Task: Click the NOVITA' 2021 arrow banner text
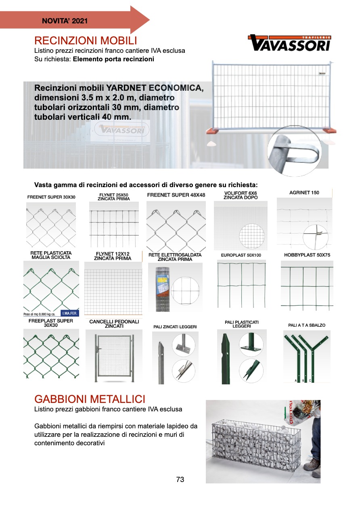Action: [65, 21]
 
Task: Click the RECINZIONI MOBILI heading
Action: [86, 41]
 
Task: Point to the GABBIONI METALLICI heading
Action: [90, 399]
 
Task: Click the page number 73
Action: [180, 480]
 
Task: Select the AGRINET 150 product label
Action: [304, 193]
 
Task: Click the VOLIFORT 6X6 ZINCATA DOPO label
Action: [241, 196]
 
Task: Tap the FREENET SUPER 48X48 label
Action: [176, 195]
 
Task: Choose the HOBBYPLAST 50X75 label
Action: [307, 255]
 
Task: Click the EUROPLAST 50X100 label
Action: [241, 255]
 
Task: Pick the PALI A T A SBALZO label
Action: [307, 325]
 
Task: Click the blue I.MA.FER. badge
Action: [69, 313]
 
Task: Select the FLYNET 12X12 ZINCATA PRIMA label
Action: [113, 256]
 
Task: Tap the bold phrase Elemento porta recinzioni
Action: [113, 59]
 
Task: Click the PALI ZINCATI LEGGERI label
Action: [175, 327]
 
